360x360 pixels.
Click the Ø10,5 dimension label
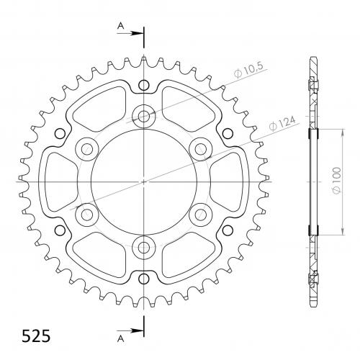(249, 70)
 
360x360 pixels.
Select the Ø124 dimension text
(282, 123)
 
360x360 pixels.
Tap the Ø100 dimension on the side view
(337, 181)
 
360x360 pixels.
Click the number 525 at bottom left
(36, 336)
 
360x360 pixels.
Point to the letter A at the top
(120, 26)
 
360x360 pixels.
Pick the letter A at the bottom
(121, 338)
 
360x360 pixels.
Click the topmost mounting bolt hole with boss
(144, 117)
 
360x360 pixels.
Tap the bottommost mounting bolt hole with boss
(144, 247)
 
